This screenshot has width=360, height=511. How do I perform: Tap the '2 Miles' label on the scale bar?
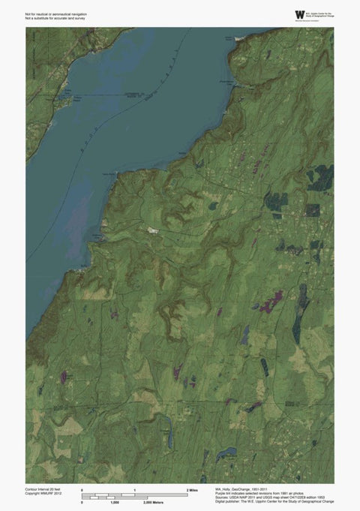coord(193,489)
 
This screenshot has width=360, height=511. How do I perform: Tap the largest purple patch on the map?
coord(268,302)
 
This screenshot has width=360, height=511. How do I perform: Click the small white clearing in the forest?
coord(153,230)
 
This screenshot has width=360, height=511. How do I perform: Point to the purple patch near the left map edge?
coord(63,374)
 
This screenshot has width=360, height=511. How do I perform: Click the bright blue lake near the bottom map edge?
coord(223,454)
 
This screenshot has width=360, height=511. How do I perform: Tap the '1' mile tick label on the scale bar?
coord(135,489)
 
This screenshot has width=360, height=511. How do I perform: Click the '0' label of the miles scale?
coord(82,489)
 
